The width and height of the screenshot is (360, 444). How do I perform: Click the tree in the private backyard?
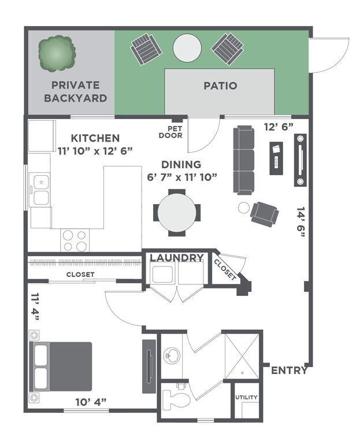[x=57, y=53]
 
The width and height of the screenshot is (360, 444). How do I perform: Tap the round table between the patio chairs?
[x=187, y=47]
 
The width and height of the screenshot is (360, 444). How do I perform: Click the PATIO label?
[x=220, y=86]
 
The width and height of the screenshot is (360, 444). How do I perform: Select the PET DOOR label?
[x=170, y=132]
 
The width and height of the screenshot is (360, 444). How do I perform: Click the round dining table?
[x=177, y=212]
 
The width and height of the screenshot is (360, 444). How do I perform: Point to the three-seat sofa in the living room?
[x=243, y=160]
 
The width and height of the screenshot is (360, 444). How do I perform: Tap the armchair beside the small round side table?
[x=264, y=214]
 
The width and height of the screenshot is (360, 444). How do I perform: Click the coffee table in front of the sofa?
[x=276, y=158]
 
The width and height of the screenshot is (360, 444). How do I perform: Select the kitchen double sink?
[x=41, y=190]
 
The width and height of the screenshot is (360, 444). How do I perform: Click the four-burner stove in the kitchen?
[x=75, y=240]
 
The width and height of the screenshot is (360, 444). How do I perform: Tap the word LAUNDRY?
[x=177, y=258]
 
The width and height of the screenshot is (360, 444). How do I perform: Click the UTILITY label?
[x=246, y=397]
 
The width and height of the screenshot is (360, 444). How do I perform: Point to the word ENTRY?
[x=290, y=370]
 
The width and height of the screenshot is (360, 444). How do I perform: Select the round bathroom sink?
[x=172, y=356]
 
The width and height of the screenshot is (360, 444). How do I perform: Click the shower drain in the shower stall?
[x=242, y=373]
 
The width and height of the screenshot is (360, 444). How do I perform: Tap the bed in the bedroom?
[x=61, y=367]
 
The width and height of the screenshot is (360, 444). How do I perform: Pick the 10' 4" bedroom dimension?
[x=91, y=402]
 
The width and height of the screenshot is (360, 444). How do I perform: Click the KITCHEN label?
[x=95, y=138]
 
